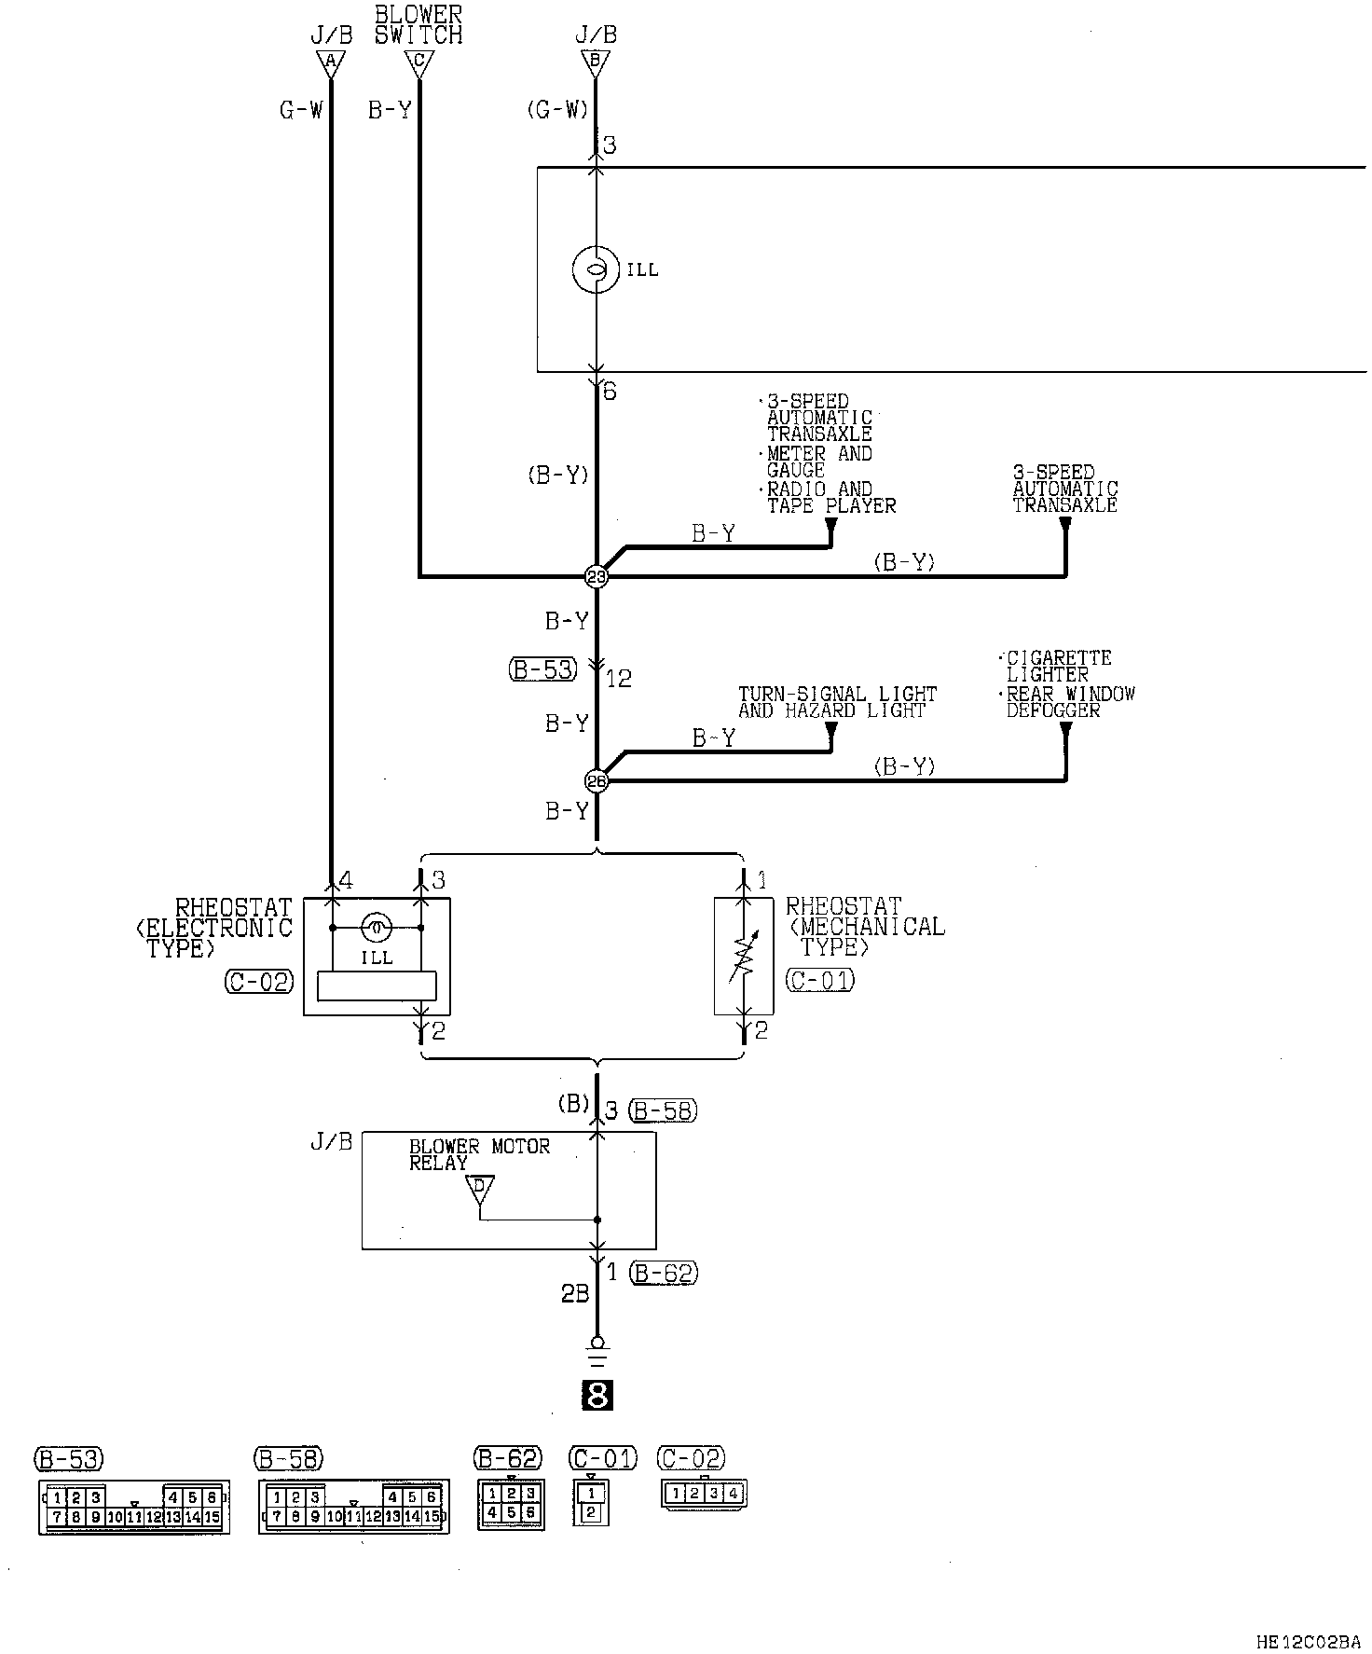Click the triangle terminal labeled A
(329, 63)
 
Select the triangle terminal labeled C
(418, 63)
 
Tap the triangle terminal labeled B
(596, 63)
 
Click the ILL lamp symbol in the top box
(595, 269)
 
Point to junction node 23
(596, 577)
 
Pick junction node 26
(596, 780)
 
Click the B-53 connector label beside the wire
(543, 668)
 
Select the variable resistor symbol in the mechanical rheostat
(743, 958)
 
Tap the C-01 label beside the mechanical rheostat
(820, 980)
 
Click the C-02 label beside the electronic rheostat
(259, 981)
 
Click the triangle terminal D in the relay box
(480, 1189)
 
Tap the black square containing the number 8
(597, 1395)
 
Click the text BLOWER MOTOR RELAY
(479, 1154)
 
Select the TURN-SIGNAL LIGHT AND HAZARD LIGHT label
(837, 702)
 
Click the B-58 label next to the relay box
(663, 1110)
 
